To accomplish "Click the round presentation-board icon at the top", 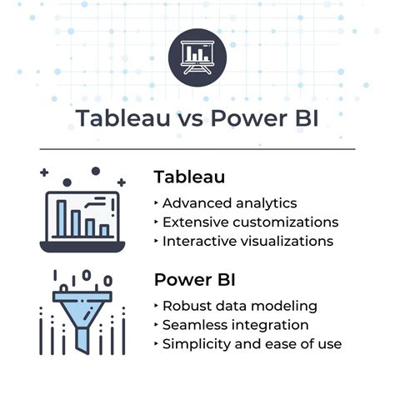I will click(197, 56).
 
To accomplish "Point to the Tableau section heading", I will click(189, 177).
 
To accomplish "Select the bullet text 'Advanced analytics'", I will click(229, 202).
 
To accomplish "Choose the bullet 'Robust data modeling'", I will click(240, 305).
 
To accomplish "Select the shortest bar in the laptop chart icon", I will click(104, 230).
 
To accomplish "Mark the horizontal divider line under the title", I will click(197, 149).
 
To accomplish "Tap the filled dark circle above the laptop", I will click(96, 171).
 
